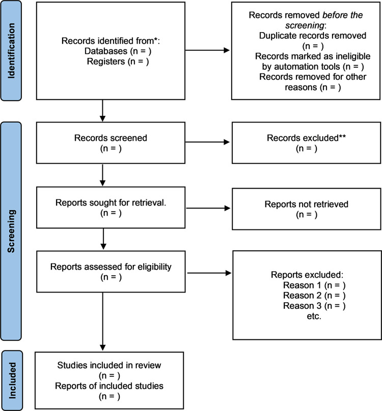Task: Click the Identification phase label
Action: [x=11, y=50]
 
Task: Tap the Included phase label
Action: [x=12, y=380]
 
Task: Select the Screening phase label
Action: [x=11, y=231]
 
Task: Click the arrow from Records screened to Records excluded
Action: [x=207, y=142]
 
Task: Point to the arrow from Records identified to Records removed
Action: [x=207, y=50]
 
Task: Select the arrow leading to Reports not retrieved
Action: [x=208, y=208]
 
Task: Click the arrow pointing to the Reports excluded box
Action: [x=209, y=273]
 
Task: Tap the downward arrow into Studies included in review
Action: [x=103, y=321]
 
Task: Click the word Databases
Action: [x=106, y=51]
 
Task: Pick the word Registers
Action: [x=106, y=62]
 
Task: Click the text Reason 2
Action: [x=302, y=296]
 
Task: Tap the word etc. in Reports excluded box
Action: [x=314, y=316]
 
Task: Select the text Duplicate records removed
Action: [x=313, y=36]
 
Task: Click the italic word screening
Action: [x=305, y=25]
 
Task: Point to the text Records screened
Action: [x=111, y=138]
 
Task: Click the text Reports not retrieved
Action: [x=307, y=204]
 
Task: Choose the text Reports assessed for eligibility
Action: [x=111, y=267]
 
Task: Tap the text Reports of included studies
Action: [x=109, y=386]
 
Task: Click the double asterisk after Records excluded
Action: [x=342, y=136]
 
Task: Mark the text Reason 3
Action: [x=302, y=306]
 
